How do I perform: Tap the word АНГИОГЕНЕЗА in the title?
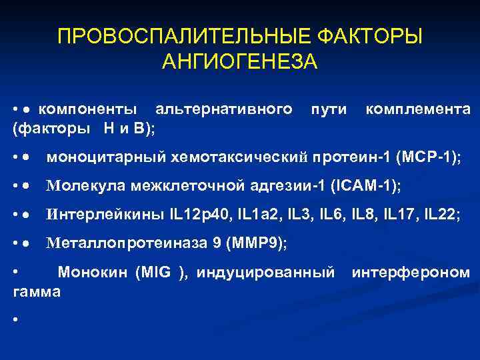[240, 61]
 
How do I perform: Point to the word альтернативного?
[223, 109]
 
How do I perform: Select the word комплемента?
[418, 109]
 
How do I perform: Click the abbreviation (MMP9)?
[257, 244]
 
